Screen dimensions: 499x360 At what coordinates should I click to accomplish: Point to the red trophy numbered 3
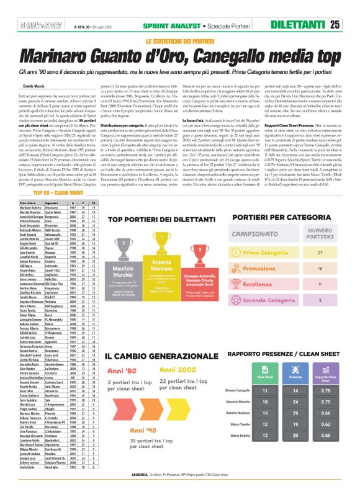(200, 249)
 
